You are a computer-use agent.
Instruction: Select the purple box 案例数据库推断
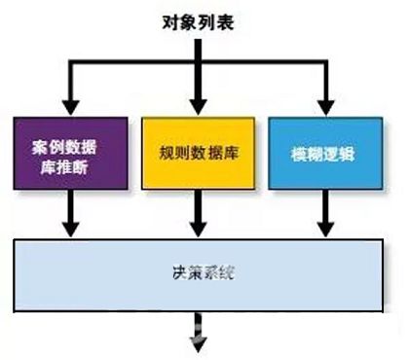[x=69, y=153]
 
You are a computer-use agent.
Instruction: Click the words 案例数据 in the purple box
[x=69, y=144]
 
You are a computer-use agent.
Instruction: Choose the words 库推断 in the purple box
[x=69, y=163]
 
